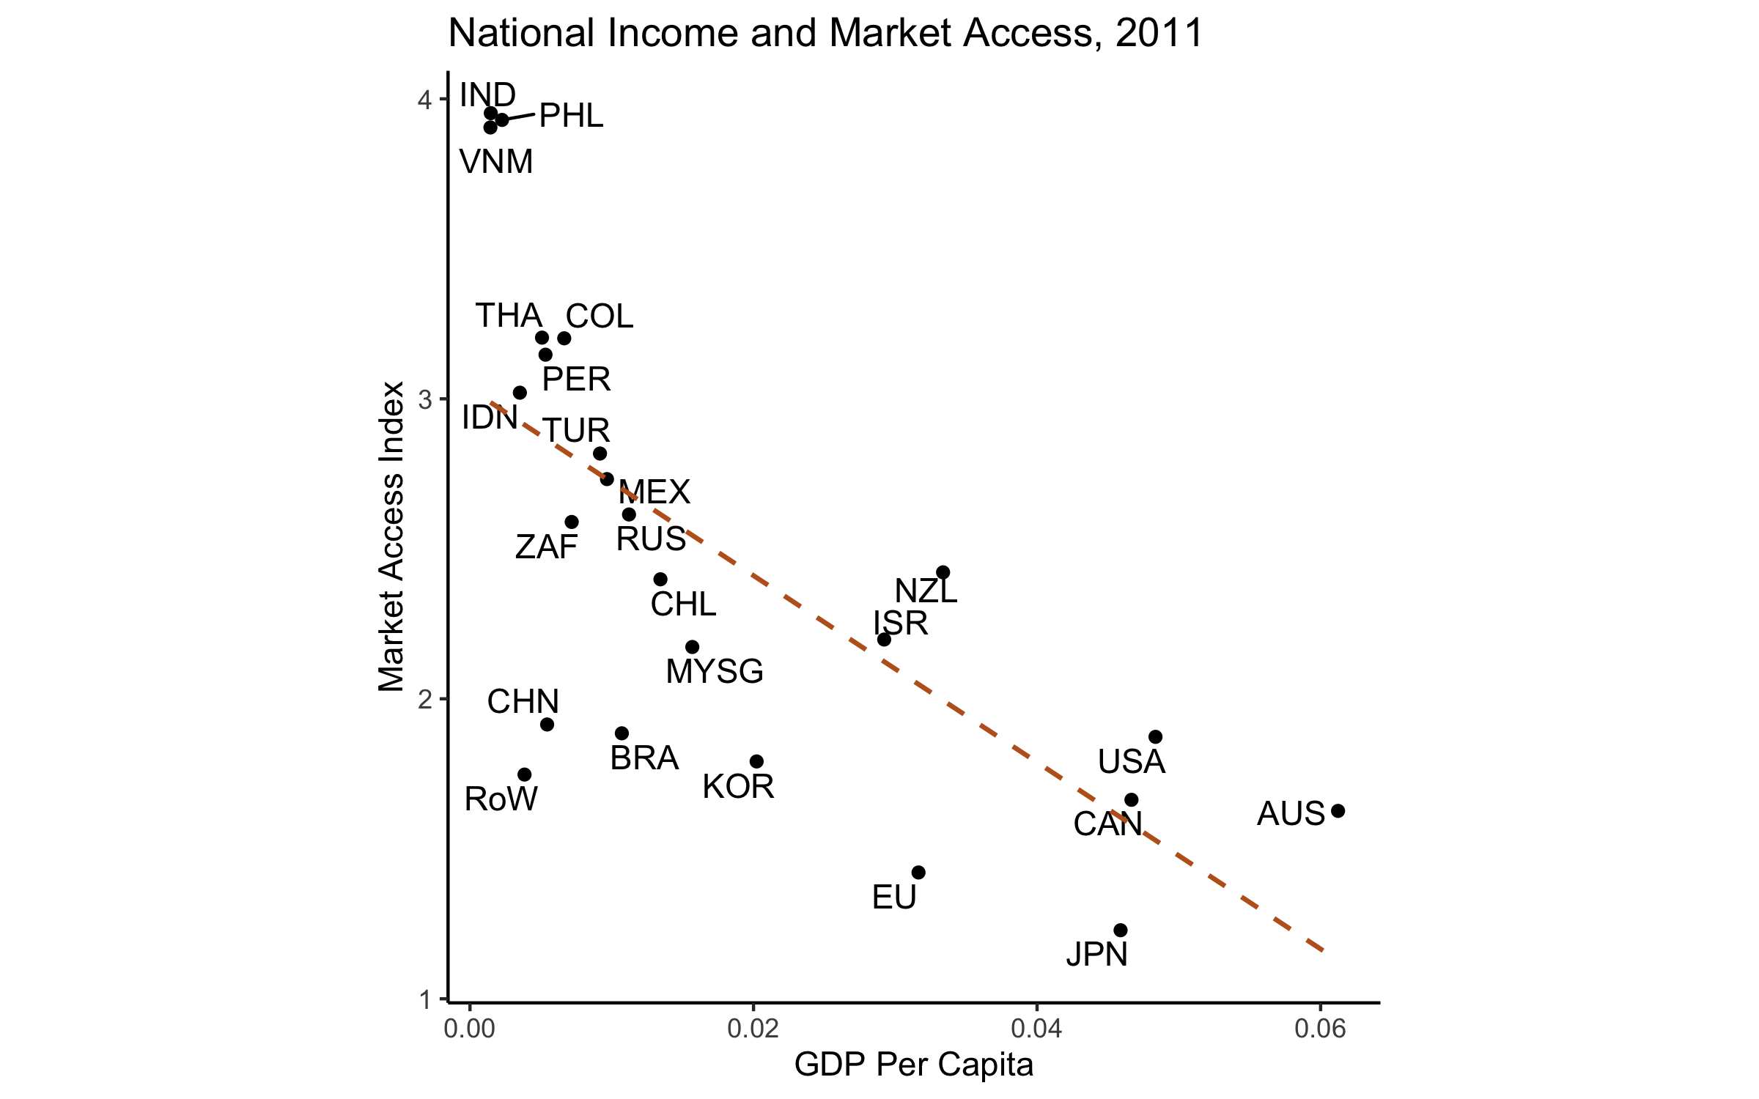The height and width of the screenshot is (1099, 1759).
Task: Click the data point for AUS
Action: (x=1338, y=811)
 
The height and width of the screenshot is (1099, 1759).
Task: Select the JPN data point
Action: (x=1120, y=930)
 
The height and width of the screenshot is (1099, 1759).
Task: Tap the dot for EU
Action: (x=918, y=873)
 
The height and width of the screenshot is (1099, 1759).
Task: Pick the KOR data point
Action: (x=757, y=762)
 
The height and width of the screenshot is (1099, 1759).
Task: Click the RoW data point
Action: (x=525, y=775)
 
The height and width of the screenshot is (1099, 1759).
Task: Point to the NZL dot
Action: (x=943, y=572)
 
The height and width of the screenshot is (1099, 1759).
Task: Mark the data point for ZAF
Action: (x=572, y=522)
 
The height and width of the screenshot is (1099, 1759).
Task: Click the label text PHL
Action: (x=571, y=116)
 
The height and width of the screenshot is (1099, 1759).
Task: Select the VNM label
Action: (x=496, y=162)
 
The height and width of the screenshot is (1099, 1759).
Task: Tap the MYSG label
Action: (x=715, y=672)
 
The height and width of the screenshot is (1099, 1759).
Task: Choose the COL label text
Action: (x=600, y=317)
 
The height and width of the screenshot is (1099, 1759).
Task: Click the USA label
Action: (x=1131, y=762)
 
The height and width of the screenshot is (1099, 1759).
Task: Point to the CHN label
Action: (x=523, y=702)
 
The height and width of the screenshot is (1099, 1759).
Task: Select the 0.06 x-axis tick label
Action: (x=1320, y=1029)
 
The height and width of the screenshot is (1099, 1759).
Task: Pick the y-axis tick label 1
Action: (x=424, y=999)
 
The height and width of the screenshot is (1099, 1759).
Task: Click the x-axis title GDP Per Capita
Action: (x=914, y=1065)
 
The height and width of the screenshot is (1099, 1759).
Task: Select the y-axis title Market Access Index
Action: (x=391, y=536)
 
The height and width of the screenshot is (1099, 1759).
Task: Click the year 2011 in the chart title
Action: (x=1159, y=34)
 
